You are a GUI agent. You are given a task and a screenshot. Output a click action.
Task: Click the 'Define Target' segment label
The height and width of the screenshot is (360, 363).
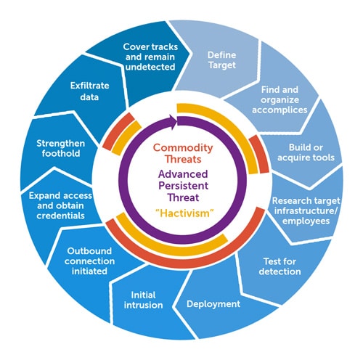(x=221, y=60)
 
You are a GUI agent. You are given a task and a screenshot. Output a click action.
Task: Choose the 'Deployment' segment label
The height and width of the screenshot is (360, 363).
(x=213, y=304)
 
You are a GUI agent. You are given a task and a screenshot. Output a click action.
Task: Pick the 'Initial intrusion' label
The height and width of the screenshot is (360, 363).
(x=148, y=300)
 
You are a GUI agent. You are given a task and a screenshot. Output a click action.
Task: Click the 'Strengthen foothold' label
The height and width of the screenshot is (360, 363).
(x=60, y=148)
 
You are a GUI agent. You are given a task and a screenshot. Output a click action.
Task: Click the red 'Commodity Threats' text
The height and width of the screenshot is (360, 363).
(x=181, y=154)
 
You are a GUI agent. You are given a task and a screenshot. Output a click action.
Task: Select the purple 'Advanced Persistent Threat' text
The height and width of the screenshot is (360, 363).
(x=181, y=186)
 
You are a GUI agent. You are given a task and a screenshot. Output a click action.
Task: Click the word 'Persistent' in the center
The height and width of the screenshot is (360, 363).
(x=181, y=186)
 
